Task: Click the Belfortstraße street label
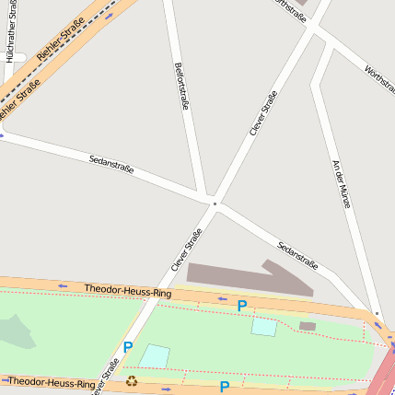[x=181, y=87]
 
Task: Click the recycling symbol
[x=132, y=380]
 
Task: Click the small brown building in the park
[x=308, y=326]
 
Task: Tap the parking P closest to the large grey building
[x=242, y=306]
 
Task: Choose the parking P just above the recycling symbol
[x=128, y=347]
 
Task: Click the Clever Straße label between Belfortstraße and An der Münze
[x=263, y=113]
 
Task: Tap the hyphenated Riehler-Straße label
[x=56, y=42]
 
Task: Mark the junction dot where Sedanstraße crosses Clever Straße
[x=214, y=203]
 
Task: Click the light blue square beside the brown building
[x=264, y=327]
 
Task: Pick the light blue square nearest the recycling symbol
[x=155, y=355]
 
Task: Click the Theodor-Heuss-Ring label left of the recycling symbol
[x=52, y=381]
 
